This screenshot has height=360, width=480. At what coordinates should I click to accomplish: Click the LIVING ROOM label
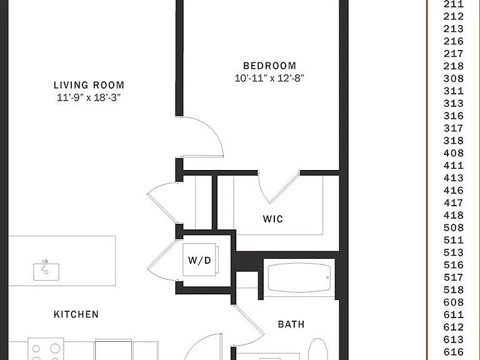point(89,85)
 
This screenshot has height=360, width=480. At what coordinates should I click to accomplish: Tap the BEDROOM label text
point(270,66)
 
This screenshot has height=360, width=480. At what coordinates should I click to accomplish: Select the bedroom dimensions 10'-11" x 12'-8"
point(269,78)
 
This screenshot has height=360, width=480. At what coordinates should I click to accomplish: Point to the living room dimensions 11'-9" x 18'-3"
point(89,97)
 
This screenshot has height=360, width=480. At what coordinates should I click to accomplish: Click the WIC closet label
point(272,219)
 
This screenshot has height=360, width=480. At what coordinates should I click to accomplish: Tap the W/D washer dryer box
point(200,260)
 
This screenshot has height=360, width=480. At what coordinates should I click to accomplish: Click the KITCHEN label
point(76,314)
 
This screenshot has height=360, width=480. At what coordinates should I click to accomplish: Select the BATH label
point(291,324)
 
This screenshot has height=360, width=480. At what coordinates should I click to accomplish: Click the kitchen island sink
point(46,271)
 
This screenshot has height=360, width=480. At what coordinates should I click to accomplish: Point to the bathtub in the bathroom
point(299,277)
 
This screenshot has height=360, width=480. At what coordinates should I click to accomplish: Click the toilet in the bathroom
point(317,349)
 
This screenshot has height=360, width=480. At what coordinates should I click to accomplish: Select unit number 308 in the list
point(454,79)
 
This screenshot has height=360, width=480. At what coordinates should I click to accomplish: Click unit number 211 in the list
point(454,4)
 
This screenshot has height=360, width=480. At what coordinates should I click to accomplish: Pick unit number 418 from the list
point(454,215)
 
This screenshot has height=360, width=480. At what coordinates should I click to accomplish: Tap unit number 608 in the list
point(454,302)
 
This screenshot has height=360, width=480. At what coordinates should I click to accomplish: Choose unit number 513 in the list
point(454,252)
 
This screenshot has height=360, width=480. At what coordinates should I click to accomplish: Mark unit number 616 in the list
point(454,352)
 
